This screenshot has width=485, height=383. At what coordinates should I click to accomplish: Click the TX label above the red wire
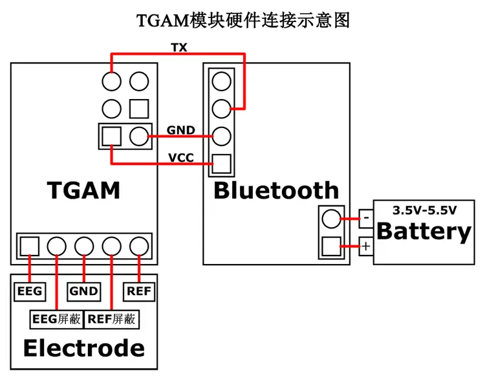point(179,48)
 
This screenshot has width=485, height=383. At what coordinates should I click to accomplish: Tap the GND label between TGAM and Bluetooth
point(181,130)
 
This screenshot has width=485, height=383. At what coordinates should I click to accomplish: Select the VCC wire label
point(181,158)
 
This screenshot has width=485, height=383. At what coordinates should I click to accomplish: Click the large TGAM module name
point(83,190)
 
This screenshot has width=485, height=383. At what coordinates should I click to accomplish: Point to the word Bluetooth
point(276,190)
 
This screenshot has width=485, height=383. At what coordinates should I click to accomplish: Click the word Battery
point(424,232)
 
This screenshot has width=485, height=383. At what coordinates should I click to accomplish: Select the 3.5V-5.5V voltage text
point(424,210)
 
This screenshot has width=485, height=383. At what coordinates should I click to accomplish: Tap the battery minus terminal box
point(366,219)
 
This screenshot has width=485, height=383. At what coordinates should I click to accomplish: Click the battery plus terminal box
point(366,246)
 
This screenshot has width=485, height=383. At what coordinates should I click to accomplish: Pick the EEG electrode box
point(30,291)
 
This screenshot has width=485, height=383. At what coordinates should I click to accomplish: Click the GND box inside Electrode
point(84,291)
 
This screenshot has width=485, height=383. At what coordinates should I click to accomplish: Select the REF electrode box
point(139,291)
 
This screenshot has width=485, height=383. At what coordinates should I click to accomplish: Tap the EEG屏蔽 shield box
point(57,319)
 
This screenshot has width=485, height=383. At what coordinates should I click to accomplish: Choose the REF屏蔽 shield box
point(112,319)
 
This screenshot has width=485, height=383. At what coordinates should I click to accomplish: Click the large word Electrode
point(84,348)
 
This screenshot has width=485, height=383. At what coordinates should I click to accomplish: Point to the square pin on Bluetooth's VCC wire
point(221,164)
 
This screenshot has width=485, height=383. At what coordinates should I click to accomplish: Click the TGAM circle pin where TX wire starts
point(111,82)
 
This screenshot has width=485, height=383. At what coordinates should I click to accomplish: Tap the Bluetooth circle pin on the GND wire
point(221,136)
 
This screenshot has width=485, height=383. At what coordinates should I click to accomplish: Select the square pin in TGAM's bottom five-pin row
point(30,246)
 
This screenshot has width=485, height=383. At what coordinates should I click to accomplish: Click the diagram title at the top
point(243,21)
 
